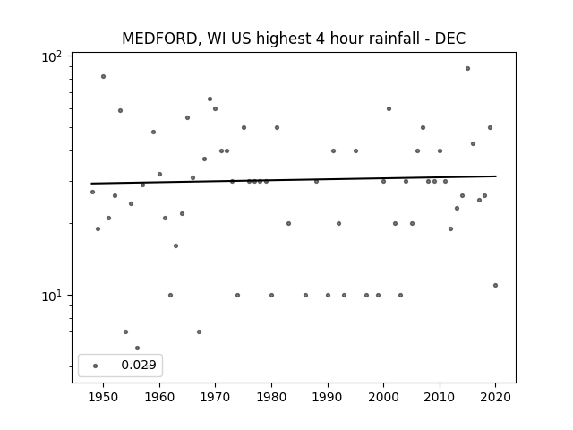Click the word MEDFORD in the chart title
click(x=159, y=39)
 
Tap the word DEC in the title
click(x=450, y=39)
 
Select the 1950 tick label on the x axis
click(x=104, y=397)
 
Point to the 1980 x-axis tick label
click(x=271, y=397)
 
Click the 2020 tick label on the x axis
click(x=495, y=397)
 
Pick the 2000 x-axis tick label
click(x=383, y=397)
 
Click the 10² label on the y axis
click(x=52, y=57)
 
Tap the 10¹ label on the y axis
click(x=52, y=297)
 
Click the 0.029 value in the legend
click(x=139, y=365)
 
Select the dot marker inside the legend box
click(x=96, y=365)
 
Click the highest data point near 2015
click(x=467, y=68)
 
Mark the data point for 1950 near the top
click(x=104, y=76)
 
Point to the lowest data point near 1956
click(x=137, y=348)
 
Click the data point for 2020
click(x=495, y=285)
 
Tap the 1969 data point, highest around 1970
click(x=210, y=99)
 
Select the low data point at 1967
click(x=199, y=332)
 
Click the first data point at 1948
click(x=92, y=192)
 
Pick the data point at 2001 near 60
click(x=389, y=108)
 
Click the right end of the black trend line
click(x=496, y=176)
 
